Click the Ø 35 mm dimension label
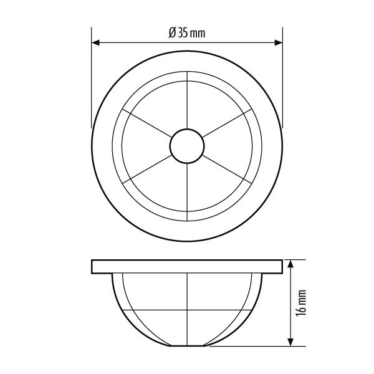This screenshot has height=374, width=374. [187, 32]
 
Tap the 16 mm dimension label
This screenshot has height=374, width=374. [301, 303]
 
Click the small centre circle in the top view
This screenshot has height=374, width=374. [187, 146]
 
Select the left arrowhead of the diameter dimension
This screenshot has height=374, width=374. [95, 42]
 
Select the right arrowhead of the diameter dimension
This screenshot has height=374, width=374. [279, 42]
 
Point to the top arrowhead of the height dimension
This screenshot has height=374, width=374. [290, 264]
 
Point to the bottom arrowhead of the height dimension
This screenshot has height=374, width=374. [290, 342]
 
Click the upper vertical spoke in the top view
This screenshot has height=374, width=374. [187, 100]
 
